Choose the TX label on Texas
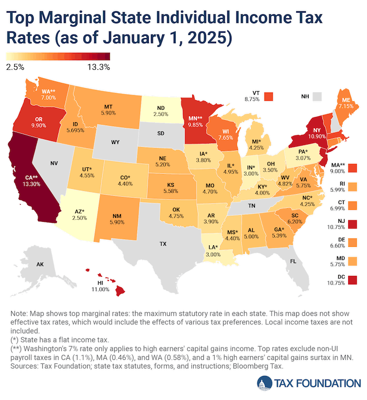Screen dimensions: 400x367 click(163, 244)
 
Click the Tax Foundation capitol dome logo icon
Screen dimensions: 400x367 click(265, 383)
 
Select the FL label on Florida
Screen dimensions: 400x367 click(293, 261)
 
